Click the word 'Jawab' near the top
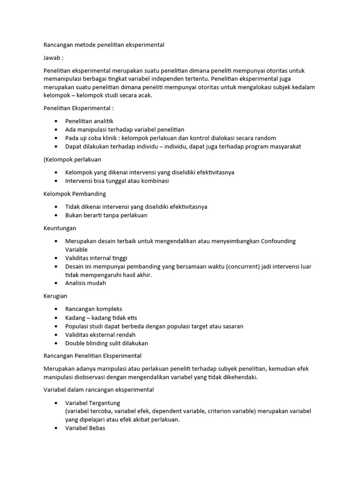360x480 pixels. (x=52, y=58)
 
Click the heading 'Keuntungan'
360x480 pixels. (x=60, y=228)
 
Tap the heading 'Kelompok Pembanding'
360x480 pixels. (x=75, y=194)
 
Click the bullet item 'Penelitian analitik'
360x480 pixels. (x=89, y=121)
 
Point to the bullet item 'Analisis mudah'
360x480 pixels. (x=86, y=283)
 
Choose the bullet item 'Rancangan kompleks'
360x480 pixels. (x=94, y=309)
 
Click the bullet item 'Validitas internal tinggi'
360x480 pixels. (x=96, y=258)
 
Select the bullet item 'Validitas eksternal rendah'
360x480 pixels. (x=100, y=335)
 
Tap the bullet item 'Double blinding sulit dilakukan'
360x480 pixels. (x=106, y=343)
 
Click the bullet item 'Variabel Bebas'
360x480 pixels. (x=85, y=428)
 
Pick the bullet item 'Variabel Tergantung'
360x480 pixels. (x=93, y=403)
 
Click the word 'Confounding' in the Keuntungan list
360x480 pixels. (x=278, y=241)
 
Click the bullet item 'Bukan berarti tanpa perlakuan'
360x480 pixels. (x=106, y=215)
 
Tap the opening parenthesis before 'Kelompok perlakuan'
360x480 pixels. (x=45, y=159)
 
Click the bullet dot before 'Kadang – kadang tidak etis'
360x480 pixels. (x=56, y=318)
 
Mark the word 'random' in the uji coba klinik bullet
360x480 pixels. (x=265, y=138)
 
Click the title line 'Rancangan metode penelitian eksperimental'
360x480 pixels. (x=104, y=45)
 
